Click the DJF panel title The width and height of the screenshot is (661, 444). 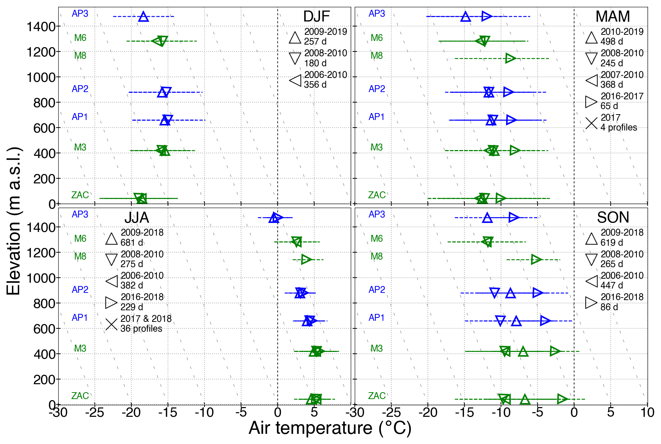[x=316, y=17]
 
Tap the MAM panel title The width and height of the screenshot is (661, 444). [x=612, y=17]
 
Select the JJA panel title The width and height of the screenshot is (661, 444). [x=136, y=217]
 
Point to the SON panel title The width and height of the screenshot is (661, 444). [x=613, y=217]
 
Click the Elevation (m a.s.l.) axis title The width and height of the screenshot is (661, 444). [x=14, y=221]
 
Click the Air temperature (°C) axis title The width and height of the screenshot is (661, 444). [x=330, y=428]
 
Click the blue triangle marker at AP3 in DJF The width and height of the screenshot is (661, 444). [x=143, y=17]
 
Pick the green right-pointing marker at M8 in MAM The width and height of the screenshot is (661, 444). [x=510, y=58]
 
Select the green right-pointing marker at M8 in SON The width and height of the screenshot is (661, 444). [x=536, y=260]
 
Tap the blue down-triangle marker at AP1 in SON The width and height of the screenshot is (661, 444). [x=500, y=320]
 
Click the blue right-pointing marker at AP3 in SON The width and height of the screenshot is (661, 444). [x=514, y=217]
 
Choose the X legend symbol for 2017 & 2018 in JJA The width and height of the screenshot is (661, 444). [x=111, y=324]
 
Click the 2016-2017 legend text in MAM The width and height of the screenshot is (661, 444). [x=622, y=96]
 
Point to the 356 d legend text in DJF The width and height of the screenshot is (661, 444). [x=315, y=85]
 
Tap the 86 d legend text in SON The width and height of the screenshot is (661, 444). [x=609, y=307]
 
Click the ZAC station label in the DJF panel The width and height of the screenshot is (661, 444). [x=80, y=195]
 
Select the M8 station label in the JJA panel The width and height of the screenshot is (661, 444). [x=80, y=257]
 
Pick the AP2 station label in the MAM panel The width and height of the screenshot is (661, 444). [x=376, y=89]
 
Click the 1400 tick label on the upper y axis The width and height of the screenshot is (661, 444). [x=41, y=26]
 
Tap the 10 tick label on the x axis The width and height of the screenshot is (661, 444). [x=647, y=412]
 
